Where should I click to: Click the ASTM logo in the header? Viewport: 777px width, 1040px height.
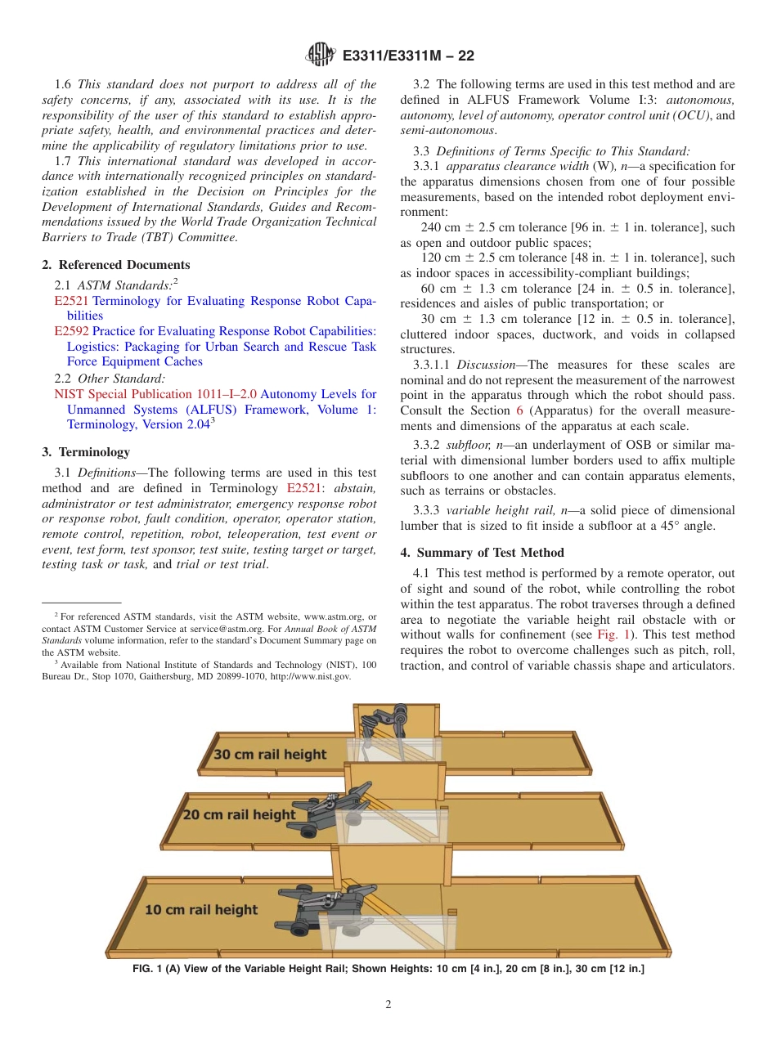coord(320,56)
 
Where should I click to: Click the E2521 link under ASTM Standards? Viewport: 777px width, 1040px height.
coord(70,301)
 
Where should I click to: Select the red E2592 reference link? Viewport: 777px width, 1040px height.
coord(71,331)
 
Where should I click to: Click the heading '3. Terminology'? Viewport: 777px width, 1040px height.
coord(85,452)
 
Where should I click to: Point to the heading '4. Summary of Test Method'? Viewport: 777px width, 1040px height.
coord(482,553)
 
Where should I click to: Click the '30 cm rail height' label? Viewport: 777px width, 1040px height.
coord(270,754)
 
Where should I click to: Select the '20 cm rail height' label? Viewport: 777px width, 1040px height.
coord(239,814)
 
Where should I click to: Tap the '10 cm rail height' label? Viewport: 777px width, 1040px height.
coord(201,909)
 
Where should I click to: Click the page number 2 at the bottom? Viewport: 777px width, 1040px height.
coord(388,1005)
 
